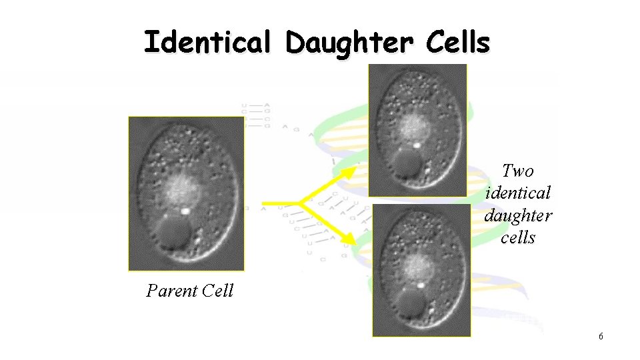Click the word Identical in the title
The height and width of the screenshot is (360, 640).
pos(207,43)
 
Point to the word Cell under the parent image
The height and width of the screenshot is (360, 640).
pos(218,291)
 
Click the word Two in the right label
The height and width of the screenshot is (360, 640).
pos(518,171)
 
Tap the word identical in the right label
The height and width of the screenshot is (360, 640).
pos(518,193)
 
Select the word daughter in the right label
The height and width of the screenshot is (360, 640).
pos(518,216)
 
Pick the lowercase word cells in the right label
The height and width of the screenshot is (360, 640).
pos(518,238)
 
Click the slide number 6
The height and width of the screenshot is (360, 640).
pos(601,337)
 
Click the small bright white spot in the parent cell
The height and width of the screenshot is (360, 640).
pos(186,210)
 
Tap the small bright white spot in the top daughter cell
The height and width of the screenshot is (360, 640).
pos(416,144)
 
